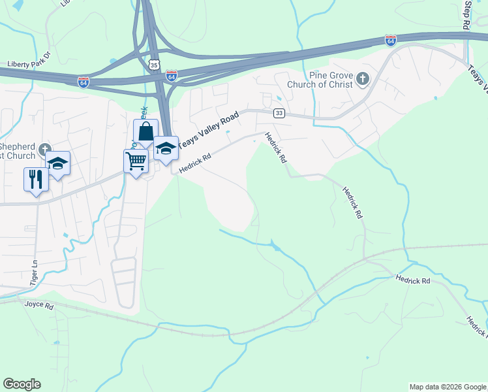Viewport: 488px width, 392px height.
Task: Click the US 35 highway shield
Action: tap(153, 65)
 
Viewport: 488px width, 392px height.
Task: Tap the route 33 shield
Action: tap(279, 113)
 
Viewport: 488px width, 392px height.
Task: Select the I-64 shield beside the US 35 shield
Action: tap(171, 76)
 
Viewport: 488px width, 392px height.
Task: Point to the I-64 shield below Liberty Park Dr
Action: tap(84, 82)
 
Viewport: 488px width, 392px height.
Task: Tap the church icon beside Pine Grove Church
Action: tap(363, 80)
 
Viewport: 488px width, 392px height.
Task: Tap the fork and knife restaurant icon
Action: tap(35, 178)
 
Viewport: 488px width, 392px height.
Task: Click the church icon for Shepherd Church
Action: tap(45, 150)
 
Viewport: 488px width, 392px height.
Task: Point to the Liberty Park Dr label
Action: tap(29, 64)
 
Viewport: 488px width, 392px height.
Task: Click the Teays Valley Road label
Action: tap(209, 129)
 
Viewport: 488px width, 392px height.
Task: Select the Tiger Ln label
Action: tap(33, 269)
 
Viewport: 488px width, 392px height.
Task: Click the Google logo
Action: tap(22, 384)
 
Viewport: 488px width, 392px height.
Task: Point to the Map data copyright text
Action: tap(448, 387)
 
